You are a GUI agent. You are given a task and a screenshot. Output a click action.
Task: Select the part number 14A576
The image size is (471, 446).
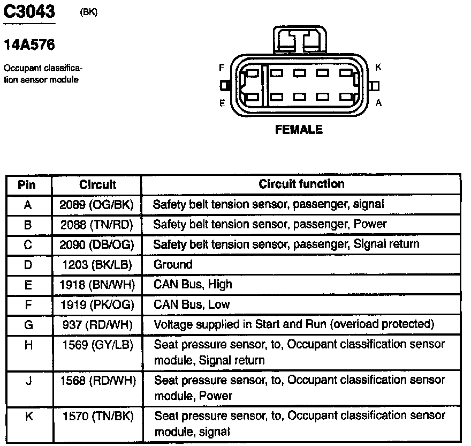pyautogui.click(x=29, y=45)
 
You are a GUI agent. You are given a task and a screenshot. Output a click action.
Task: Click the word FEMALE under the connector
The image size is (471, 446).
pyautogui.click(x=299, y=130)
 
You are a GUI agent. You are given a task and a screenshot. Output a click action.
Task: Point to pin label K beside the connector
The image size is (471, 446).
pyautogui.click(x=378, y=67)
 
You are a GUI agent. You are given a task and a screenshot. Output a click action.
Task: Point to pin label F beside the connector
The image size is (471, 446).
pyautogui.click(x=222, y=68)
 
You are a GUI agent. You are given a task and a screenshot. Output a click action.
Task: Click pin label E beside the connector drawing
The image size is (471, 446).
pyautogui.click(x=222, y=103)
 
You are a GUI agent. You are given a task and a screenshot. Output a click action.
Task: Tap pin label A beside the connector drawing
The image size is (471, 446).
pyautogui.click(x=378, y=103)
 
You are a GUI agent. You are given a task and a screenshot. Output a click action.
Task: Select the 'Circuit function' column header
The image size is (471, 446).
pyautogui.click(x=301, y=184)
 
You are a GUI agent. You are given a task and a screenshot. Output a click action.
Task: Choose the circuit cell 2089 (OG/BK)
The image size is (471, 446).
pyautogui.click(x=97, y=204)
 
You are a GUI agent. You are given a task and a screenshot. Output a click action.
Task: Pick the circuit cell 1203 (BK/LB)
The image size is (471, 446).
pyautogui.click(x=97, y=264)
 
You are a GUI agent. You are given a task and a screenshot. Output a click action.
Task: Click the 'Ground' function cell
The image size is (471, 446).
pyautogui.click(x=173, y=264)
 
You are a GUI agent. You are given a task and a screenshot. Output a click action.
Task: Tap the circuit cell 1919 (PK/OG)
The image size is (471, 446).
pyautogui.click(x=97, y=304)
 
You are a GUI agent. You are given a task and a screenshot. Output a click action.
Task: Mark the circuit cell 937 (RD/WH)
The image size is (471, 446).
pyautogui.click(x=97, y=324)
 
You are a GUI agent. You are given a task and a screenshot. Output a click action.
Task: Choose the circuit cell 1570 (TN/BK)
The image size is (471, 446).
pyautogui.click(x=97, y=415)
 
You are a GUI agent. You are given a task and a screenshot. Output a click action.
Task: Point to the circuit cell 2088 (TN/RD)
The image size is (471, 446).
pyautogui.click(x=97, y=224)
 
